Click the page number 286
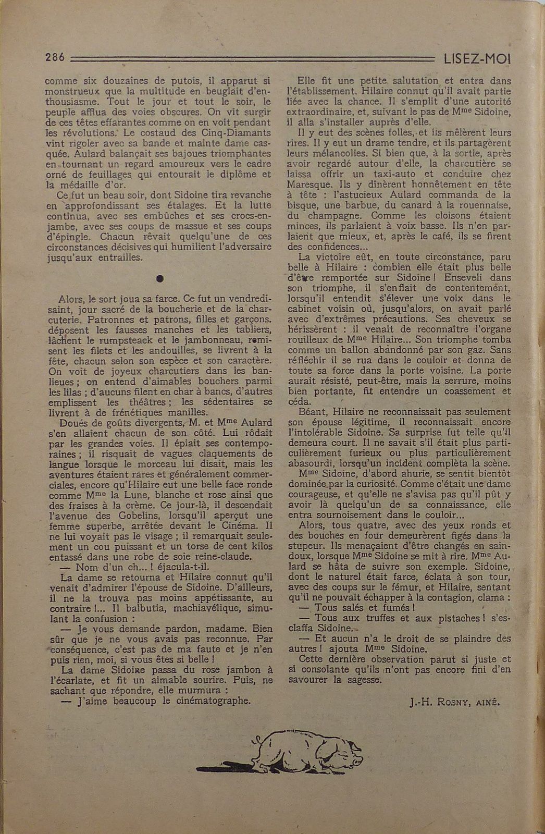(x=55, y=58)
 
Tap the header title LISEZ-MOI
(x=477, y=59)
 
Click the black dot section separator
(x=159, y=278)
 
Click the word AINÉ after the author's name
(x=485, y=702)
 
